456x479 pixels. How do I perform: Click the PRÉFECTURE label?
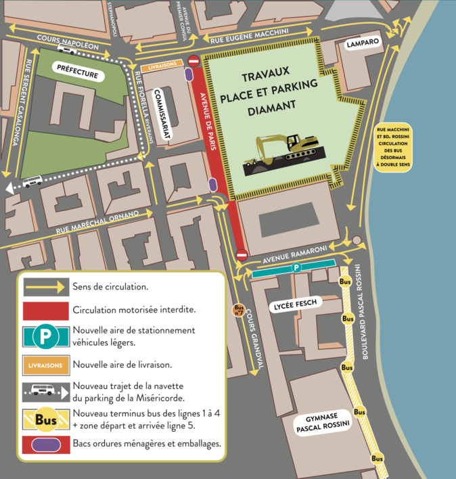pyautogui.click(x=78, y=72)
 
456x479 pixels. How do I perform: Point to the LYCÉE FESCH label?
pyautogui.click(x=296, y=305)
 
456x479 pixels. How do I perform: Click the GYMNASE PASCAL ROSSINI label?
pyautogui.click(x=321, y=421)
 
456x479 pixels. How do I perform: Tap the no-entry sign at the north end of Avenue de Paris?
pyautogui.click(x=193, y=62)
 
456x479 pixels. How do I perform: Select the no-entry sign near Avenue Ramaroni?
pyautogui.click(x=242, y=254)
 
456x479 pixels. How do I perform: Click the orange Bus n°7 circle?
pyautogui.click(x=238, y=310)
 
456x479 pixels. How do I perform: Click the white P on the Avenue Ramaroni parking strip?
pyautogui.click(x=296, y=268)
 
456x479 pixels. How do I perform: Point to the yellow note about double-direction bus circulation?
pyautogui.click(x=394, y=148)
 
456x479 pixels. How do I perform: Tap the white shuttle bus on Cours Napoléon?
pyautogui.click(x=67, y=49)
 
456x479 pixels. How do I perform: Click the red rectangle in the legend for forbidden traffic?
pyautogui.click(x=45, y=311)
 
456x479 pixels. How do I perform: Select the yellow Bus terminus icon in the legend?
pyautogui.click(x=45, y=420)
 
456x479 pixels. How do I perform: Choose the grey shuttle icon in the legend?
pyautogui.click(x=45, y=390)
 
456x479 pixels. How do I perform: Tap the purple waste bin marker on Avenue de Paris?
pyautogui.click(x=213, y=184)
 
